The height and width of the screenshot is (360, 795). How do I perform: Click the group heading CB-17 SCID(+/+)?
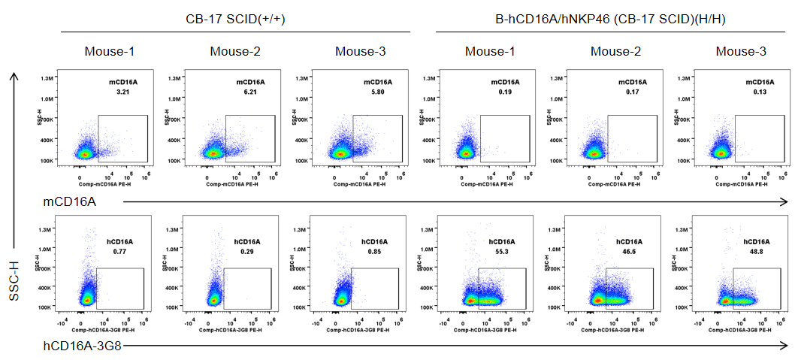pyautogui.click(x=235, y=20)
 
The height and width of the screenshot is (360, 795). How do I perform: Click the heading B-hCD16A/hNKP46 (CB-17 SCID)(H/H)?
pyautogui.click(x=610, y=20)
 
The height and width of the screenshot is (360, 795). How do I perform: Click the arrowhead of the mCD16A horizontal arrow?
pyautogui.click(x=784, y=201)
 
